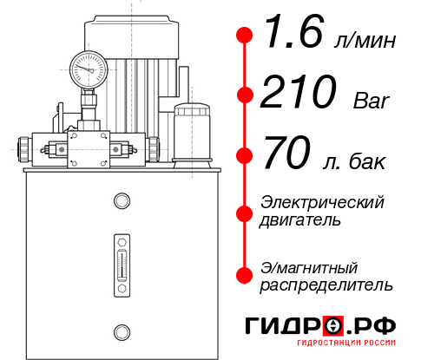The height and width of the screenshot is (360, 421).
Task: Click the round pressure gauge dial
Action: coord(88,68)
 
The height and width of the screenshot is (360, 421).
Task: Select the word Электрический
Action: coord(322,202)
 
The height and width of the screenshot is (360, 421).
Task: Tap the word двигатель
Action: coord(300,219)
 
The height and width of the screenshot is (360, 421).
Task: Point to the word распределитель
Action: coord(326,285)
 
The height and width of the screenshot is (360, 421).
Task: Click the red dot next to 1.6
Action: coord(245,36)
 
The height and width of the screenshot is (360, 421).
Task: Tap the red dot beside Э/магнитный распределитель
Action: coord(245,274)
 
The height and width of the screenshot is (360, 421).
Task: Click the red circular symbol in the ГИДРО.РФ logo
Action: coord(332,327)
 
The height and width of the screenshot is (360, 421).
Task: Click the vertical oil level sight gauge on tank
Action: coord(121,261)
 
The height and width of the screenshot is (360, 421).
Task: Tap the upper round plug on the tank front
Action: coord(121,201)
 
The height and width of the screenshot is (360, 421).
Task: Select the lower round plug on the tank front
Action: coord(121,331)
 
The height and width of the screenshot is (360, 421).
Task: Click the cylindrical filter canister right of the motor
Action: coord(193,133)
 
